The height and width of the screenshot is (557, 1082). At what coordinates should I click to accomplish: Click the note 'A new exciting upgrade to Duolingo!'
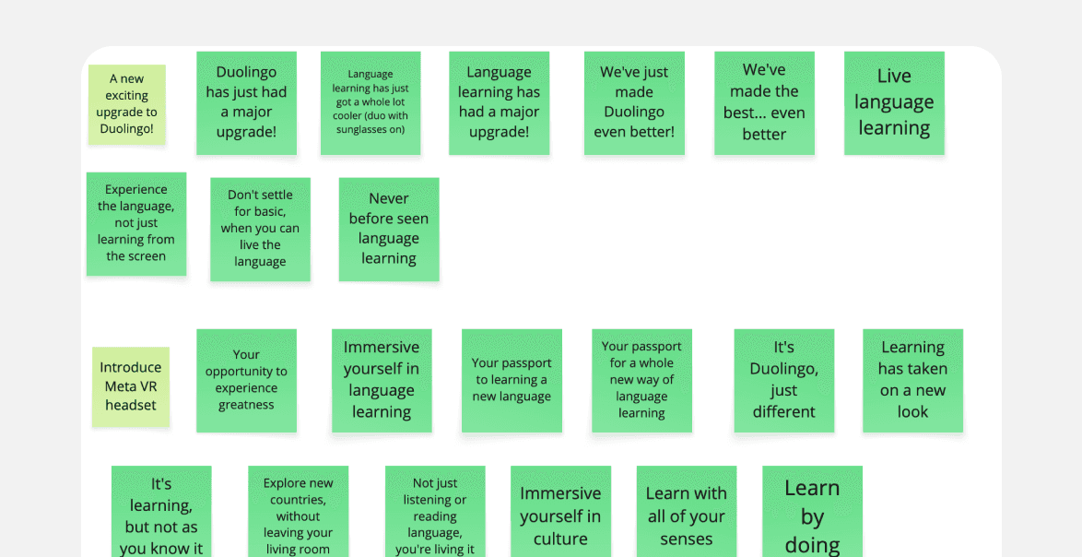127,104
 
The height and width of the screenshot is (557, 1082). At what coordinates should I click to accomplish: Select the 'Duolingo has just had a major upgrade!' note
246,102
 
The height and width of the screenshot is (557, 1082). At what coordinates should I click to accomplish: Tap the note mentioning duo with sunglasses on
370,102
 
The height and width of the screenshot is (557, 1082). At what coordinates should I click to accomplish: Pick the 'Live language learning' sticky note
894,102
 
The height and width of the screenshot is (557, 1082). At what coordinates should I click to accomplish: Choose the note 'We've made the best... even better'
764,102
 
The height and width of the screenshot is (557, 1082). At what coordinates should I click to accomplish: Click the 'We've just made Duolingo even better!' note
634,102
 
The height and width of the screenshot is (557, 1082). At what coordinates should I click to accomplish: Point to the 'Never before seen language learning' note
389,229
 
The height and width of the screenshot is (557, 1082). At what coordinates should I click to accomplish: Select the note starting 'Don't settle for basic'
260,229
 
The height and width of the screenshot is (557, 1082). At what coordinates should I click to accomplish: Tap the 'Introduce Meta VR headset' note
131,386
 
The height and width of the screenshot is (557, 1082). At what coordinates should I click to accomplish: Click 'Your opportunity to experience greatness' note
246,380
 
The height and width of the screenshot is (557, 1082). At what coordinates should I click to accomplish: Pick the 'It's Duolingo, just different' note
783,380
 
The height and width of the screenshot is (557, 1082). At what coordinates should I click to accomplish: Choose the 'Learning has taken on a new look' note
912,380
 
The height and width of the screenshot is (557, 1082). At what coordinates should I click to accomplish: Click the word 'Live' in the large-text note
894,77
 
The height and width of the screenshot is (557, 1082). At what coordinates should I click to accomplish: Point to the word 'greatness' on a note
246,405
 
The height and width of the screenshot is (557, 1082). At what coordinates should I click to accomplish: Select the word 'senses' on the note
686,539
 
